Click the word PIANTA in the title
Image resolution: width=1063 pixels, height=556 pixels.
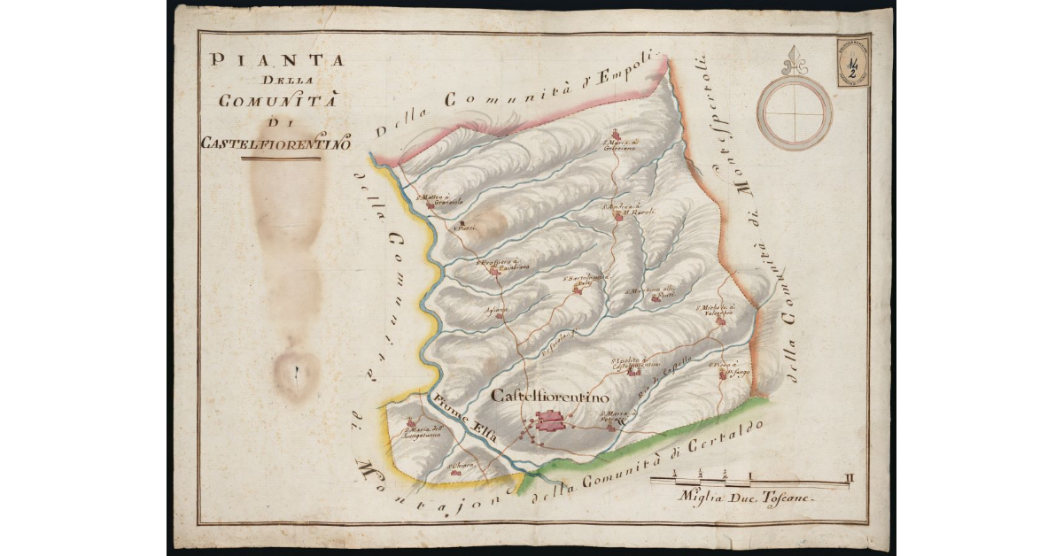pyautogui.click(x=275, y=62)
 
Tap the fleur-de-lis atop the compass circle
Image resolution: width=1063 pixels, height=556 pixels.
pyautogui.click(x=795, y=61)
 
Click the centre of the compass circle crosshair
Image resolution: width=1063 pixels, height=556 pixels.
pyautogui.click(x=795, y=112)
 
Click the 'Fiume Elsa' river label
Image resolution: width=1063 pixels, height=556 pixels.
pyautogui.click(x=464, y=416)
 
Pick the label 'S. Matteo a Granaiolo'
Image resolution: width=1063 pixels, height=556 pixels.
pyautogui.click(x=436, y=199)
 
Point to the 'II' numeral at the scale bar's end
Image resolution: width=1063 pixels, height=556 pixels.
pyautogui.click(x=849, y=479)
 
